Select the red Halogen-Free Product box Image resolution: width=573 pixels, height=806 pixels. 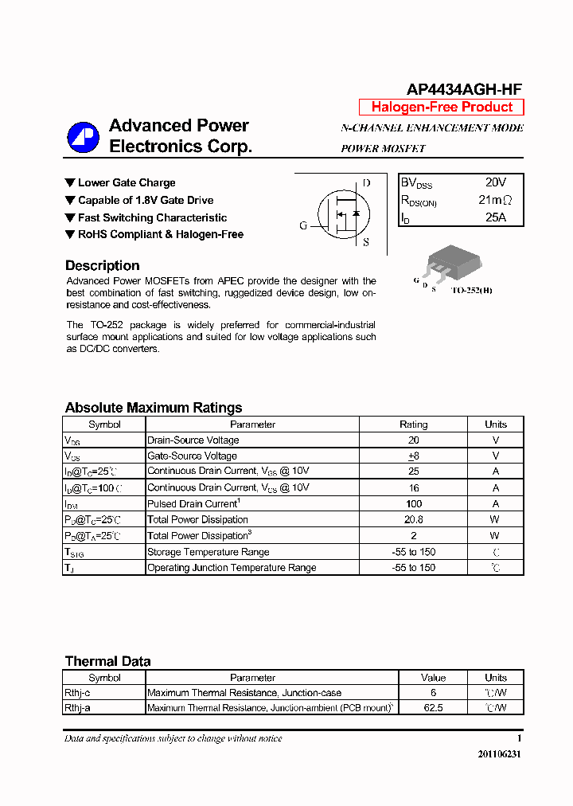pos(442,107)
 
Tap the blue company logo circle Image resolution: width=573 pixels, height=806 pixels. pos(83,138)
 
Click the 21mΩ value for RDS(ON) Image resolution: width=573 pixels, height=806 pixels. pos(495,200)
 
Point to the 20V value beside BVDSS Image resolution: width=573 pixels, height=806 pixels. pos(495,182)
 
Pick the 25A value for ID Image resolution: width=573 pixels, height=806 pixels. pos(495,217)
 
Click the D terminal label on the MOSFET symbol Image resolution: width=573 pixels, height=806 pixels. pos(366,182)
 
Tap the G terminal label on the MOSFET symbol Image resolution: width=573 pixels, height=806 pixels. pos(303,225)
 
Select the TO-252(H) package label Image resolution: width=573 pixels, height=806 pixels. pos(472,291)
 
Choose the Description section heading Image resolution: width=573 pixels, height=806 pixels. pos(102,266)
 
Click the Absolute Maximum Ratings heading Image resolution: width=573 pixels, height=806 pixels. pos(154,408)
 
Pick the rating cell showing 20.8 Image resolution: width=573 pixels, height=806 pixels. pos(413,520)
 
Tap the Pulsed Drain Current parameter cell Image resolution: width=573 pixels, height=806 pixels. pos(194,504)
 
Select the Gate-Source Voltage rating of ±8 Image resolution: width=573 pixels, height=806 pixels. pos(413,456)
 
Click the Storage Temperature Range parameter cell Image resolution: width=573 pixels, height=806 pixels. pos(209,552)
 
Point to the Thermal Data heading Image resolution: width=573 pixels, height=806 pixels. pos(107,661)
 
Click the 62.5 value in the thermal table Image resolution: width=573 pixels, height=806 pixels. pos(433,707)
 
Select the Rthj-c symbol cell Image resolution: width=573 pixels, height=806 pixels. pos(78,693)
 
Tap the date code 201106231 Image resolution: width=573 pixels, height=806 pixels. pos(500,754)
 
